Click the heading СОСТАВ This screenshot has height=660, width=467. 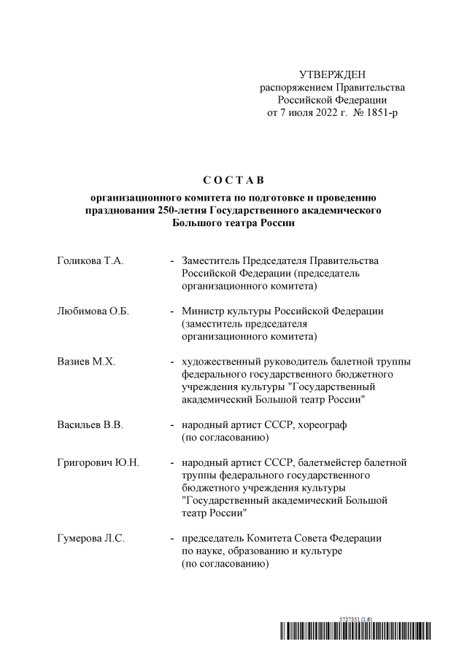point(233,179)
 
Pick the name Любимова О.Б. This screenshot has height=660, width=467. point(93,311)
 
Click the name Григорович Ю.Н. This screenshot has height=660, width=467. point(98,463)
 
